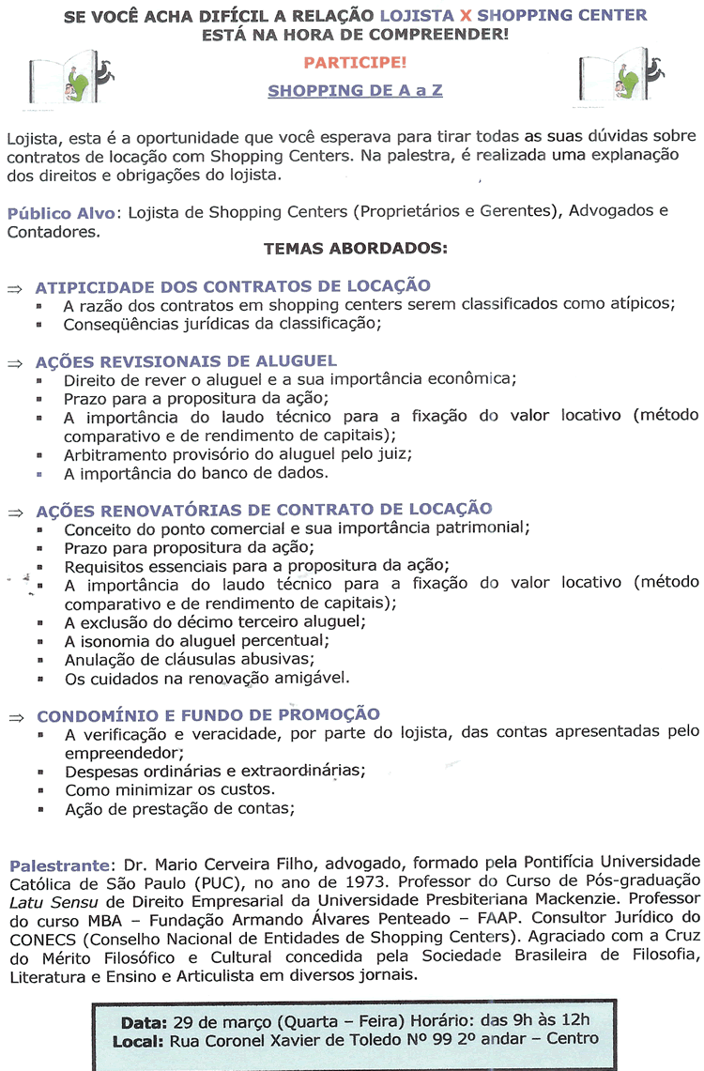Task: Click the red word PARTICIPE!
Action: [x=354, y=64]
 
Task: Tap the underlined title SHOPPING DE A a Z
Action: [x=355, y=91]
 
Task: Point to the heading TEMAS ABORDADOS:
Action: [x=356, y=250]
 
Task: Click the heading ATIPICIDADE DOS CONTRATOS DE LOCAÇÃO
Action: [x=233, y=286]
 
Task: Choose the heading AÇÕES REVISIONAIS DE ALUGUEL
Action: [x=186, y=361]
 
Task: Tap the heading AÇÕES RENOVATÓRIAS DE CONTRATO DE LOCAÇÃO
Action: [x=264, y=510]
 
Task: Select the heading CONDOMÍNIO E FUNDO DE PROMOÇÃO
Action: [x=208, y=714]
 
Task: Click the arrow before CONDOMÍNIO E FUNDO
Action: [x=15, y=716]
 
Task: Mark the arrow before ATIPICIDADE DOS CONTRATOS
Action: [x=15, y=288]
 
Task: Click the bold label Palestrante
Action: [x=60, y=863]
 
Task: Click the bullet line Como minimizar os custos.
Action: [x=169, y=788]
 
